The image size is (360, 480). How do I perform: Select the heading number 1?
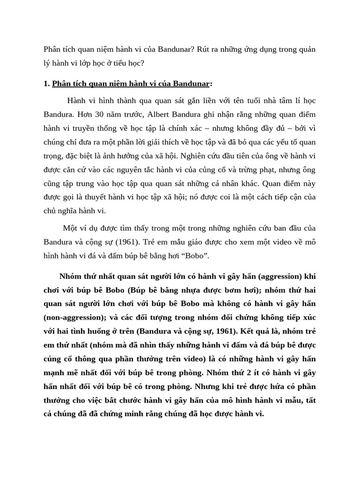46,84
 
